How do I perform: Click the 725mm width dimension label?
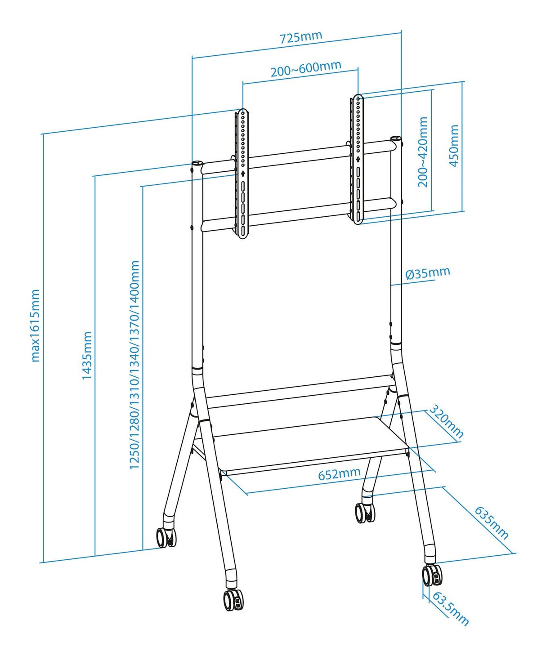click(301, 37)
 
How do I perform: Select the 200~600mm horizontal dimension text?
click(305, 69)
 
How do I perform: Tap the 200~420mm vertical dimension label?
click(423, 152)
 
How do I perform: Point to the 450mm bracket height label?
click(454, 146)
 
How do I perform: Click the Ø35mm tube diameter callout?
click(427, 273)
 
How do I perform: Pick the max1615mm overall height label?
click(35, 326)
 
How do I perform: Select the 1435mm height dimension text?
click(87, 355)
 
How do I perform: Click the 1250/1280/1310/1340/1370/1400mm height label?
click(134, 365)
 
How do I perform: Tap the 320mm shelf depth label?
click(445, 421)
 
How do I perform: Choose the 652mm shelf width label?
click(339, 473)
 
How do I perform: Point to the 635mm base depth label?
click(492, 523)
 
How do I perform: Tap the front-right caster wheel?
click(432, 575)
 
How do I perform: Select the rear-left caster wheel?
click(166, 537)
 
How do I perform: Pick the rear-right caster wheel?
click(365, 512)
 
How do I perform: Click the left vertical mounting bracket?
click(242, 173)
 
